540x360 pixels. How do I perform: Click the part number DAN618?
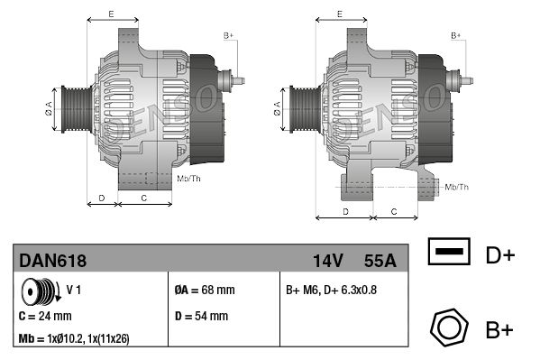pos(52,261)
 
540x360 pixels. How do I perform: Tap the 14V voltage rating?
pos(327,261)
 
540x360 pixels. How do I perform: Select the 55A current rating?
pos(380,261)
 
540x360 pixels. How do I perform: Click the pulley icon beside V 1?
pos(41,291)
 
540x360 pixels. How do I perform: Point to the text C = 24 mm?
pos(45,316)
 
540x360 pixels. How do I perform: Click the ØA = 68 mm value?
pos(205,290)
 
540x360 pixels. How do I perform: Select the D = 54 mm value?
pos(201,316)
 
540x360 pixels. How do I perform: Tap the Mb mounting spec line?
pos(74,339)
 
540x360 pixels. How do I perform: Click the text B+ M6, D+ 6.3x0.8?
pos(331,290)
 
